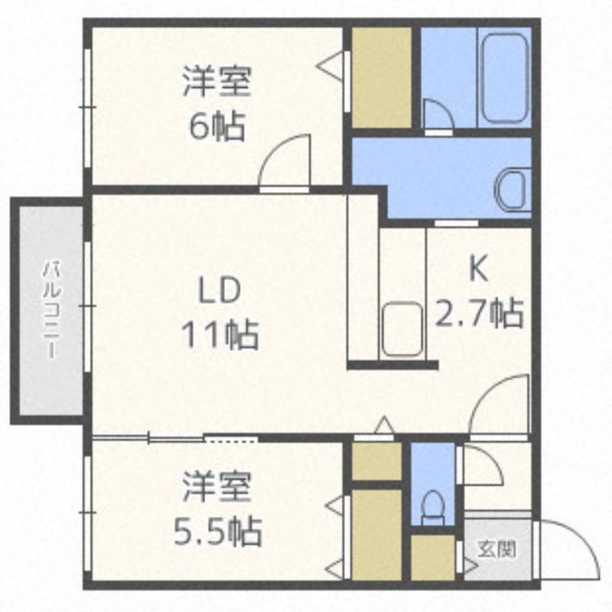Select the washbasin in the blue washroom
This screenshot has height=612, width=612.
(511, 188)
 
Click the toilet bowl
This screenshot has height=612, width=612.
(433, 506)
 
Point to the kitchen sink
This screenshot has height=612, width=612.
(402, 329)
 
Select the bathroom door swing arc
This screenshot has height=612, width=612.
(438, 115)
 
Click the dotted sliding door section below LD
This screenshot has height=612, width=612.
(232, 438)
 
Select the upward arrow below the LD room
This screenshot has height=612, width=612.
(384, 425)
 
